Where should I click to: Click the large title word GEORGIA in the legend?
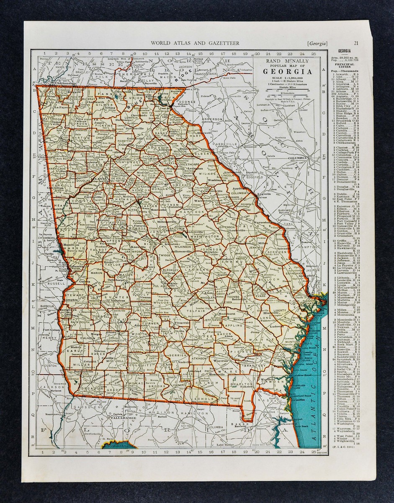coord(287,71)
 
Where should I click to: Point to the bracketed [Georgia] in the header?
coord(317,43)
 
